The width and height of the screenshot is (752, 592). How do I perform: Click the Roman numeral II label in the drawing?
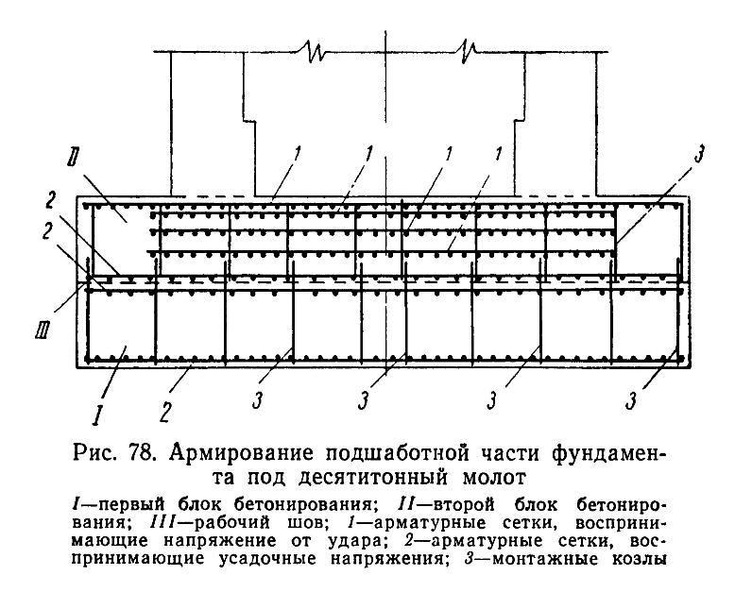click(x=73, y=158)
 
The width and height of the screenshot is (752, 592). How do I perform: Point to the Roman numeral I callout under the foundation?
click(x=98, y=414)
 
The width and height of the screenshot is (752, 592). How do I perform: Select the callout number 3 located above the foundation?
click(x=699, y=154)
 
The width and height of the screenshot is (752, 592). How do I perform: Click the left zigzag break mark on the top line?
click(x=312, y=51)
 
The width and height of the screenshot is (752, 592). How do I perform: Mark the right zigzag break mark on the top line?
click(x=468, y=51)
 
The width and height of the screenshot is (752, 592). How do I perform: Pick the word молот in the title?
click(x=494, y=478)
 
